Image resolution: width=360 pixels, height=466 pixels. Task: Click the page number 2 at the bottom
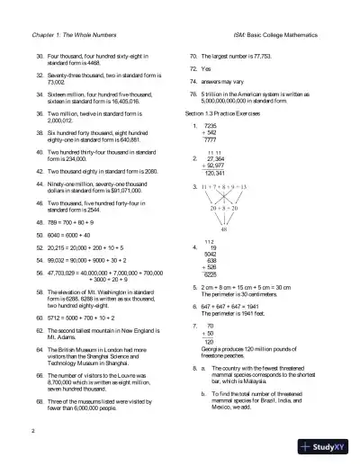(x=32, y=433)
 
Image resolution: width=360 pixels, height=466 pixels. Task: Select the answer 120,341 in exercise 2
(x=213, y=171)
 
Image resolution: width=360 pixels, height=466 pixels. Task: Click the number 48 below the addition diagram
(x=223, y=229)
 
